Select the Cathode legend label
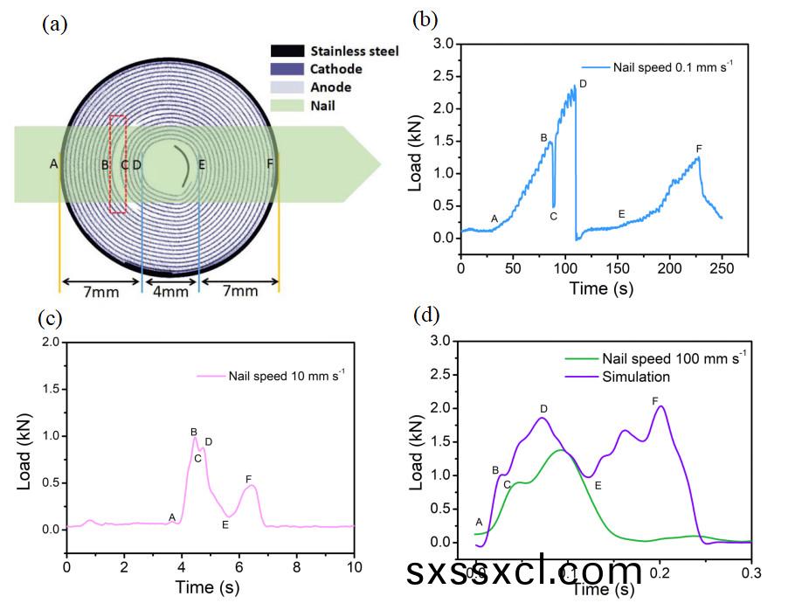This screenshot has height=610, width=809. tap(335, 69)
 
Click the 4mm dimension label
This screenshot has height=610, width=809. tap(170, 292)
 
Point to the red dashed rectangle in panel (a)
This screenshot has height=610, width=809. tap(118, 163)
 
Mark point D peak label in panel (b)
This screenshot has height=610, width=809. tap(583, 83)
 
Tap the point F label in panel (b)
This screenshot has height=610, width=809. tap(699, 149)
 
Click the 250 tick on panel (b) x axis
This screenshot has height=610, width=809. tap(722, 267)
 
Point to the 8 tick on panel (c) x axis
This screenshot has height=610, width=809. tap(296, 566)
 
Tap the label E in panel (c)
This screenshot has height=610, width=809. tap(225, 524)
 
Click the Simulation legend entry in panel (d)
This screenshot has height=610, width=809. tap(636, 377)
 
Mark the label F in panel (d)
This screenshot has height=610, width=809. tap(654, 400)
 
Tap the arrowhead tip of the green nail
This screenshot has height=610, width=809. tap(381, 163)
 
